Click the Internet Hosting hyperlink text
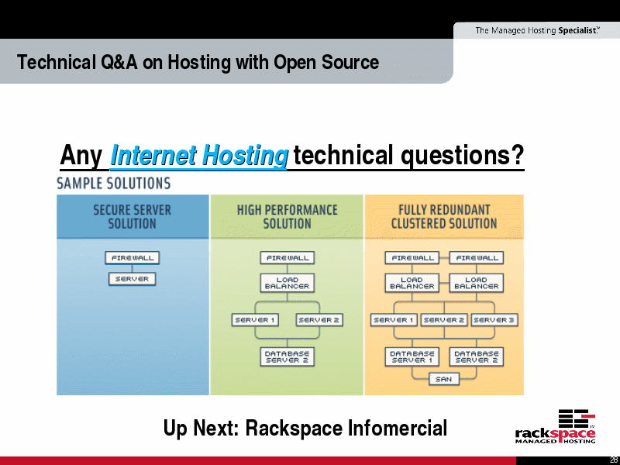coord(199,155)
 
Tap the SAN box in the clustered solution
coord(443,379)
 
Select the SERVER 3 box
coord(494,320)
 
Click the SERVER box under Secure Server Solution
coord(132,279)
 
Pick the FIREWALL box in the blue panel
coord(132,258)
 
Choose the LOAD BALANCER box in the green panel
coord(287,283)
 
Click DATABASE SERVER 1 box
coord(412,356)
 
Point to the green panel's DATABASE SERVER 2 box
coord(287,356)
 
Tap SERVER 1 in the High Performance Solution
coord(255,320)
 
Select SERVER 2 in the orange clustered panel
coord(444,320)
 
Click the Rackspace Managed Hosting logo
coord(556,427)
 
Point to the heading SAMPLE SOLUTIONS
coord(114,184)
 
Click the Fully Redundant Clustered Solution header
coord(444,217)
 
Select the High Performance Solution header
coord(287,217)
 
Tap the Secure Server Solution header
coord(132,217)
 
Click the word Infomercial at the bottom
coord(397,429)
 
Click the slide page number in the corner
coord(615,461)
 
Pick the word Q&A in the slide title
coord(119,63)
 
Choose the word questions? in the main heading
coord(463,155)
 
